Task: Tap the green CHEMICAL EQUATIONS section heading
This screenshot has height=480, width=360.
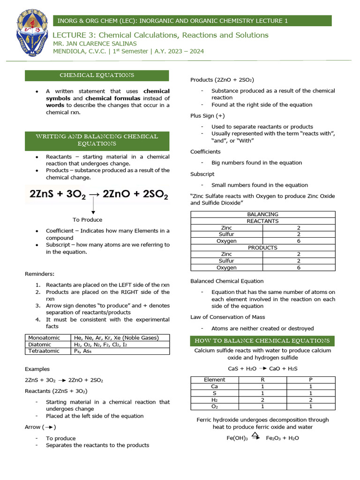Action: pyautogui.click(x=97, y=75)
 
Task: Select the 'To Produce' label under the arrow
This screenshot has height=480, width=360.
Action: pyautogui.click(x=87, y=219)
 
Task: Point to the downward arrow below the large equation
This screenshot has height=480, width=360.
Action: pyautogui.click(x=93, y=206)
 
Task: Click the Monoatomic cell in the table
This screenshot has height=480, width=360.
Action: pyautogui.click(x=44, y=337)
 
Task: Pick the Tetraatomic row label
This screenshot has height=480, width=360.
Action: pyautogui.click(x=44, y=351)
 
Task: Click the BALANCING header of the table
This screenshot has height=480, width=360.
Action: pyautogui.click(x=262, y=214)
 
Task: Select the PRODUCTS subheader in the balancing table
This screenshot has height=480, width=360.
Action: pyautogui.click(x=262, y=247)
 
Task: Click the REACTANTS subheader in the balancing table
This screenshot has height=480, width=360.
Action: pyautogui.click(x=262, y=221)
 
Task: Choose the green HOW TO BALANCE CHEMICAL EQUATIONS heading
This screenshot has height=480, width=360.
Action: pyautogui.click(x=262, y=341)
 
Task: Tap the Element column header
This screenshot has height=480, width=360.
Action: pyautogui.click(x=215, y=380)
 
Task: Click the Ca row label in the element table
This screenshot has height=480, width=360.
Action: pyautogui.click(x=215, y=387)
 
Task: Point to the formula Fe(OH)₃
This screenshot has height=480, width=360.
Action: pyautogui.click(x=237, y=438)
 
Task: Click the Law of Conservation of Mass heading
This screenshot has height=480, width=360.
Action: pyautogui.click(x=227, y=317)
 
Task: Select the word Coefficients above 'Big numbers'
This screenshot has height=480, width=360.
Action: pyautogui.click(x=205, y=151)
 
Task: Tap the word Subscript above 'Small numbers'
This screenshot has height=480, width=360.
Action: pyautogui.click(x=202, y=174)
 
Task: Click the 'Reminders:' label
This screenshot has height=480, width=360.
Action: pyautogui.click(x=40, y=274)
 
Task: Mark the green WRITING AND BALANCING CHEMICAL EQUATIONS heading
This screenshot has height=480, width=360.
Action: pyautogui.click(x=97, y=140)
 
